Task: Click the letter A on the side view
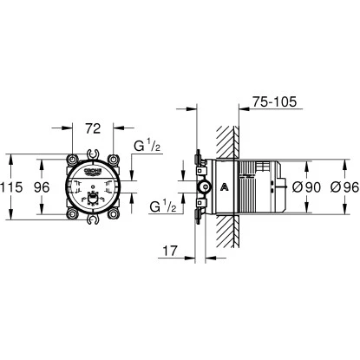click(225, 186)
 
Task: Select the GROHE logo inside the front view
click(91, 173)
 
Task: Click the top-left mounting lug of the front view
click(69, 162)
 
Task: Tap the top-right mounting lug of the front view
click(113, 162)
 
